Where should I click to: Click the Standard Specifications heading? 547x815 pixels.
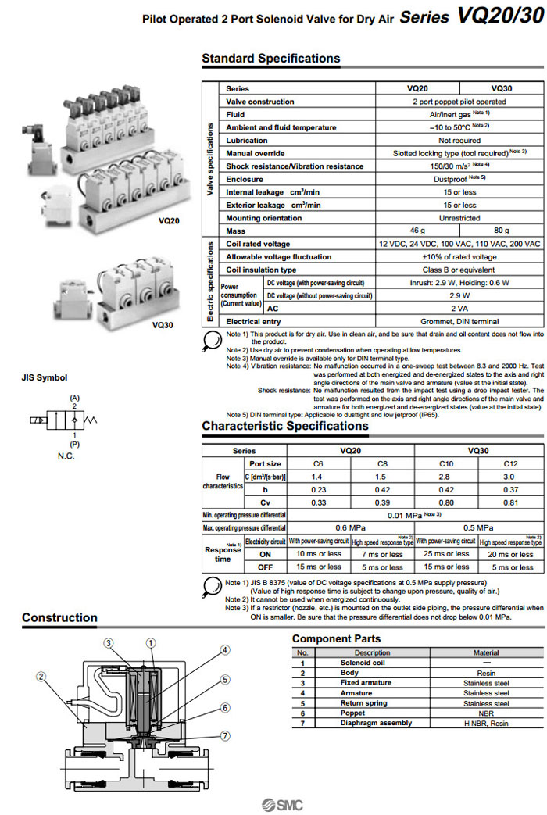click(x=270, y=59)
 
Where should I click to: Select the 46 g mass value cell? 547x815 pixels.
click(x=417, y=231)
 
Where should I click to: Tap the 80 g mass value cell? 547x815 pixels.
click(x=501, y=231)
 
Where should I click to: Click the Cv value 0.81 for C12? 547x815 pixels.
click(x=510, y=502)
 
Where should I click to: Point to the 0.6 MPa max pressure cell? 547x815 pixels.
click(x=351, y=527)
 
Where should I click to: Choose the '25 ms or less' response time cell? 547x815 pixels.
click(x=445, y=553)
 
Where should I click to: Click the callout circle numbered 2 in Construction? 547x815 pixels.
click(x=41, y=677)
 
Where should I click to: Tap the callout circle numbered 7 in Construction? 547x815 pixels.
click(x=224, y=735)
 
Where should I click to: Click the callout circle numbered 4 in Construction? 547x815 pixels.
click(x=224, y=650)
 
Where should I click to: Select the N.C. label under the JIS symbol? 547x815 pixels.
click(x=66, y=456)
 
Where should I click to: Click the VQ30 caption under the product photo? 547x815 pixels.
click(x=163, y=325)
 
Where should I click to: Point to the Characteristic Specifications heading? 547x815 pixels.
click(x=284, y=426)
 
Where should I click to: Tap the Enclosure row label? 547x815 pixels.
click(x=245, y=179)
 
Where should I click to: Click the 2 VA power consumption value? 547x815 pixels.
click(x=459, y=309)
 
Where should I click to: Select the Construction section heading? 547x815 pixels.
click(x=59, y=617)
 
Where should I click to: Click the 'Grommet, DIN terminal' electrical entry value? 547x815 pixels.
click(x=459, y=321)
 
